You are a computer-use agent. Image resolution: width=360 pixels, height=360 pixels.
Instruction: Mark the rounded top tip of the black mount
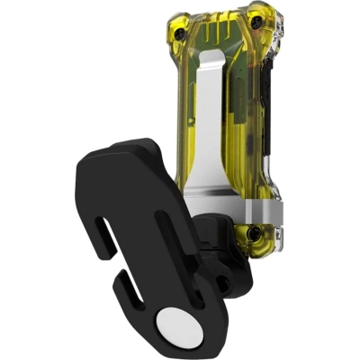tap(135, 148)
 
